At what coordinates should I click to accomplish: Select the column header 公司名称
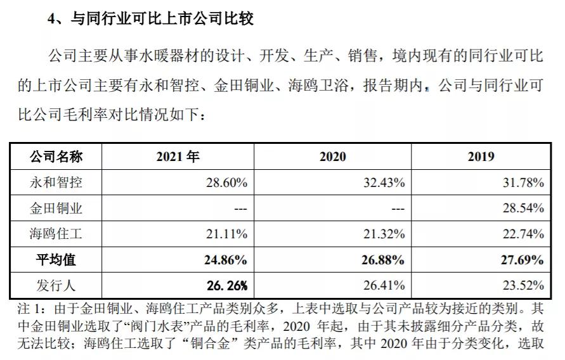coord(56,157)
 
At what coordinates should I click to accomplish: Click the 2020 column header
coord(332,157)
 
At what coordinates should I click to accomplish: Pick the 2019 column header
coord(481,157)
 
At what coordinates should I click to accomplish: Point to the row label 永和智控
coord(56,183)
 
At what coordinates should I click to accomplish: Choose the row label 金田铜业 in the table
coord(56,209)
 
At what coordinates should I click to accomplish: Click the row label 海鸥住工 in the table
coord(56,234)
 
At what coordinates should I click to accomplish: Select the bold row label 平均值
coord(56,260)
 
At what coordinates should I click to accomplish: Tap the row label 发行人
coord(56,286)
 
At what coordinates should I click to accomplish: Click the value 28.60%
coord(226,183)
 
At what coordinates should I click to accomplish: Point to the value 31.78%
coord(523,183)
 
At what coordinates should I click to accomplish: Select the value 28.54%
coord(523,209)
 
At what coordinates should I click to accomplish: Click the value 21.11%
coord(226,234)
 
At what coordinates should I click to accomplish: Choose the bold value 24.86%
coord(226,260)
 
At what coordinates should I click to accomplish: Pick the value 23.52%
coord(523,286)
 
